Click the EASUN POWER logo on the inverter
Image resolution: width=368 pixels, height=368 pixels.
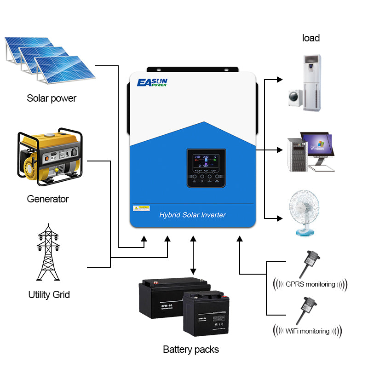(x=152, y=83)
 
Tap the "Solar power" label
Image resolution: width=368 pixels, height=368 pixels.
(x=52, y=98)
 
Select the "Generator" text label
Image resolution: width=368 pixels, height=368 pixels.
(x=48, y=199)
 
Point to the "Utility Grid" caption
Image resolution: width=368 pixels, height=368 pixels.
(x=49, y=294)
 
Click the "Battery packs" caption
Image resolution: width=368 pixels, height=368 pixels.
(x=191, y=349)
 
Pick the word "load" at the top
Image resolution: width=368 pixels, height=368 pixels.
(x=311, y=38)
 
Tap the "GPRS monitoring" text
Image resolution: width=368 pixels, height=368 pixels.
(x=310, y=284)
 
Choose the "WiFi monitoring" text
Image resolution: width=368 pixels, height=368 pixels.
(x=307, y=331)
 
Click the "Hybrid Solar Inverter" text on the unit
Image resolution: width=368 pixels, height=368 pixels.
(x=192, y=215)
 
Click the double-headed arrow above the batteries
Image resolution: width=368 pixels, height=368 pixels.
(x=193, y=255)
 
